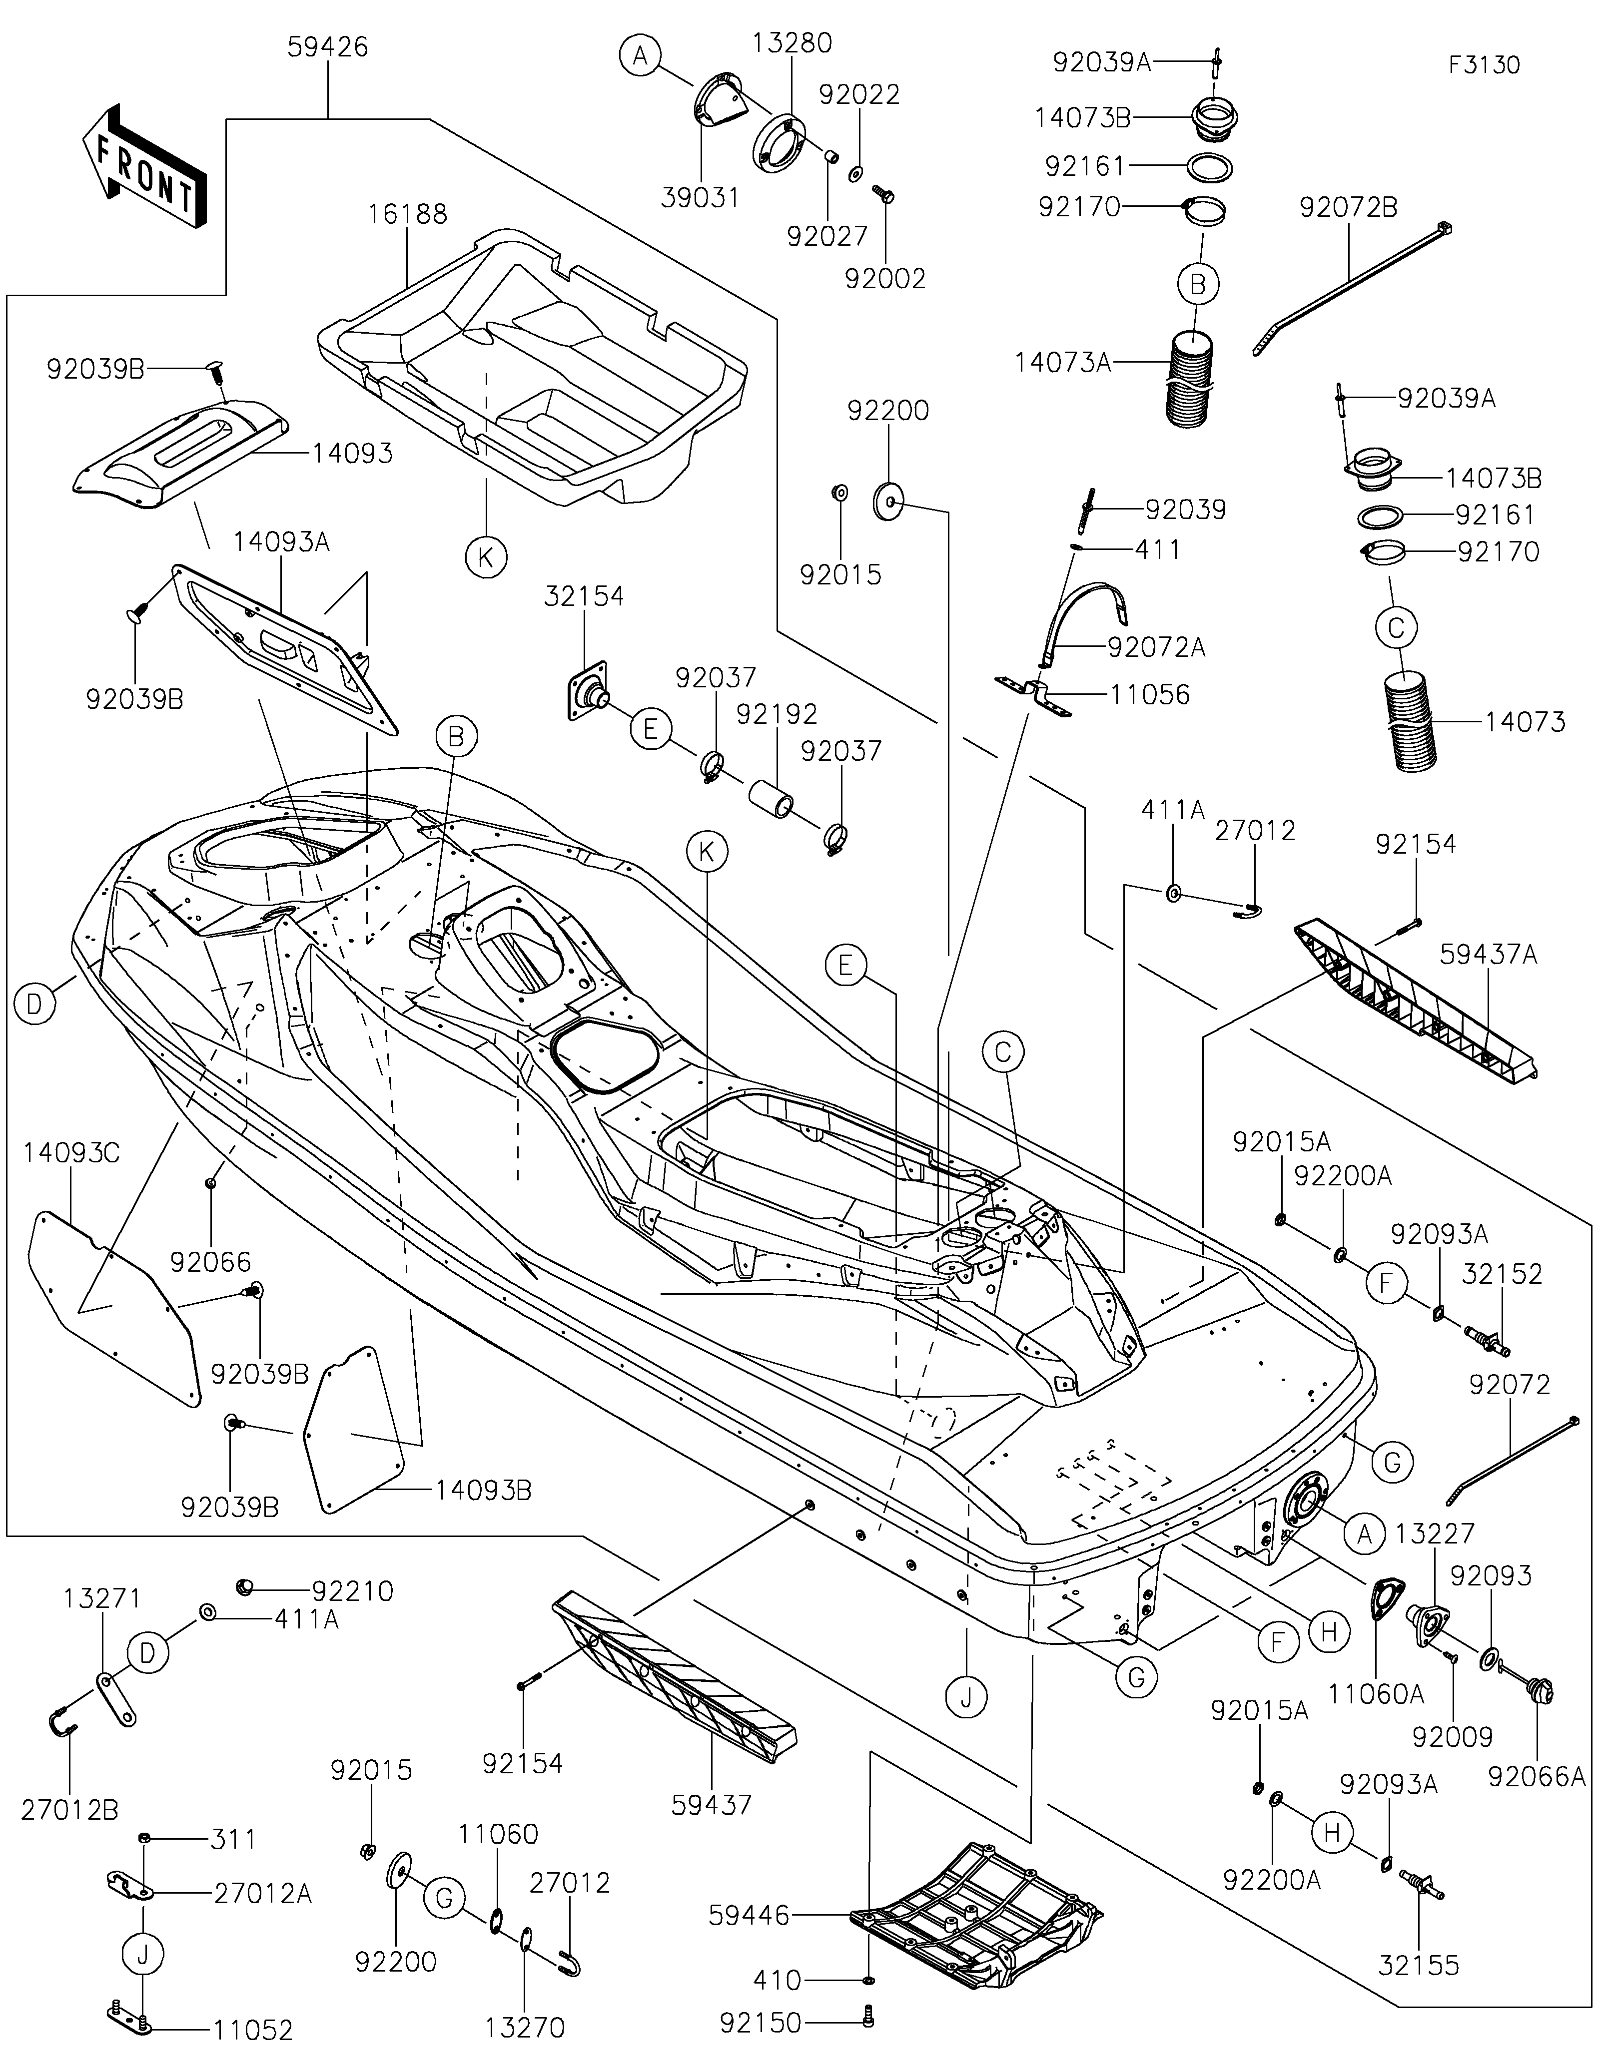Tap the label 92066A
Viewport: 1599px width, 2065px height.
[1537, 1777]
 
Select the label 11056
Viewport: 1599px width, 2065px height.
[1150, 695]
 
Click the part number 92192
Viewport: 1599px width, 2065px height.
[778, 714]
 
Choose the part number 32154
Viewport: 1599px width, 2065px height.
[584, 596]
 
